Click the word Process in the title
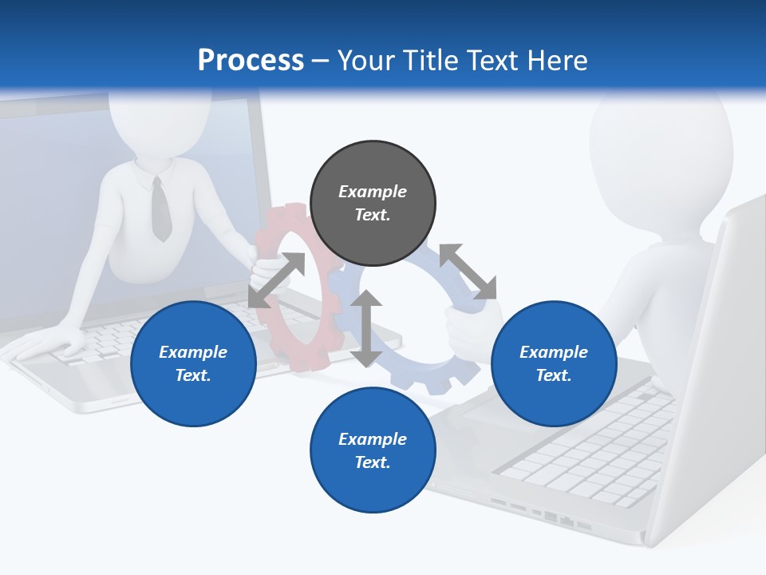pos(251,61)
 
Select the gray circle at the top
pos(373,204)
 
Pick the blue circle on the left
pos(193,364)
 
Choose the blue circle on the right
pos(554,364)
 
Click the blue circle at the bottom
pos(373,450)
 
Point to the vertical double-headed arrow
pos(366,329)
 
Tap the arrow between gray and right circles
pos(468,272)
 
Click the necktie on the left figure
pos(160,209)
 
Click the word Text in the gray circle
pos(373,215)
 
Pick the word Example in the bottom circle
pos(373,438)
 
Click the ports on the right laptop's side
pos(543,515)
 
